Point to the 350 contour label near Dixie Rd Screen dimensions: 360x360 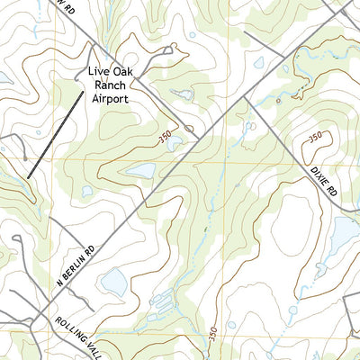click(x=315, y=136)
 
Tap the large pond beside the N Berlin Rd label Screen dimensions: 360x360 click(x=114, y=283)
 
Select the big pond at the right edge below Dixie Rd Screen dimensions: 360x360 click(x=345, y=234)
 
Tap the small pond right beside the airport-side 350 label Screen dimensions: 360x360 click(x=176, y=141)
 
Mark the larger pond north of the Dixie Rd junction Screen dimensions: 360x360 click(x=258, y=64)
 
